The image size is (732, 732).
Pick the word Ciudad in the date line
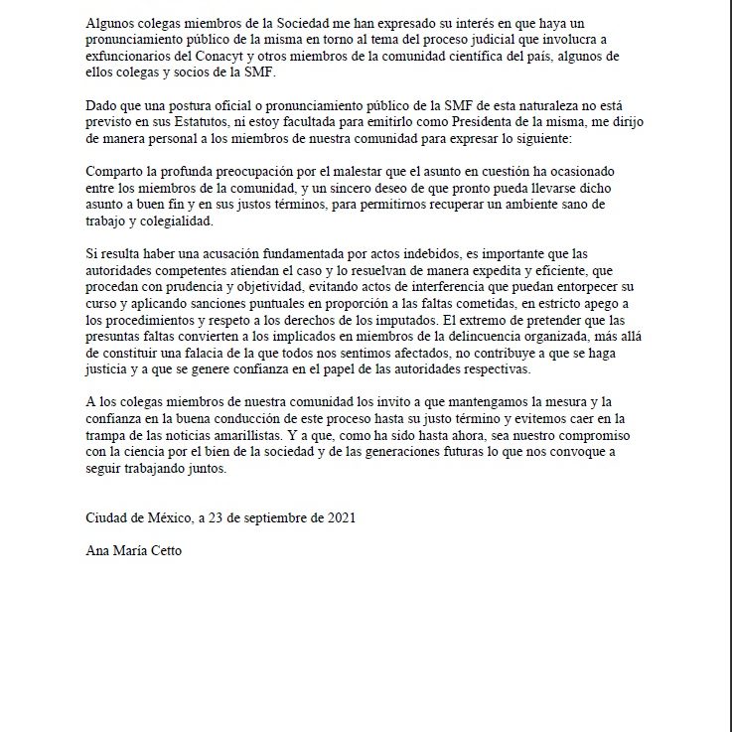108,517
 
